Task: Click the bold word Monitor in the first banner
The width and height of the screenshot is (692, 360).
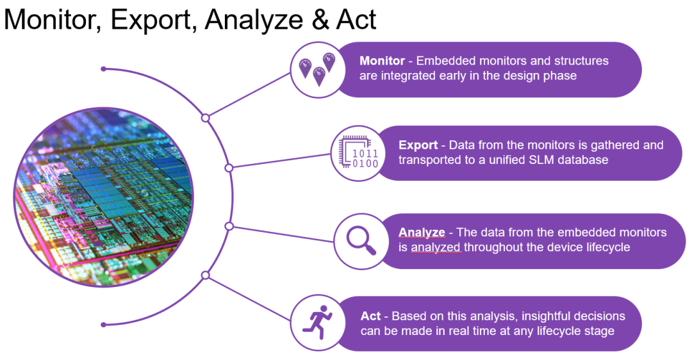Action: (382, 61)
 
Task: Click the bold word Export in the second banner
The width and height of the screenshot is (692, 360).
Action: (418, 145)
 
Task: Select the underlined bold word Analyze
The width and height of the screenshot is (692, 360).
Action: (422, 232)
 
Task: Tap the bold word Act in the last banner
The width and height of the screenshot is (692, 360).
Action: (370, 316)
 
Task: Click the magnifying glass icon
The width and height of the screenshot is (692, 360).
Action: (361, 240)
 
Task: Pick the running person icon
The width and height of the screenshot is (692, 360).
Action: (317, 322)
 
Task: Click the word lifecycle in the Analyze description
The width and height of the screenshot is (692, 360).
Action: (607, 247)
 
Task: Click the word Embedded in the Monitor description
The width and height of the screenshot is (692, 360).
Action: (446, 61)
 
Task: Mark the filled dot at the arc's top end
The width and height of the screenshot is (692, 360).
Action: (103, 69)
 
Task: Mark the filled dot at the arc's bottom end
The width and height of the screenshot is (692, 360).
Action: (103, 325)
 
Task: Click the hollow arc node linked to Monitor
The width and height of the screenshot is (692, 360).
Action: (205, 118)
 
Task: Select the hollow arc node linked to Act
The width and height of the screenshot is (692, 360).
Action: (205, 275)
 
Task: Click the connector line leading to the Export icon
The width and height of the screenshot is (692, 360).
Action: (281, 161)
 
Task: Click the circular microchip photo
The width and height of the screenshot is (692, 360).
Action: (104, 197)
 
